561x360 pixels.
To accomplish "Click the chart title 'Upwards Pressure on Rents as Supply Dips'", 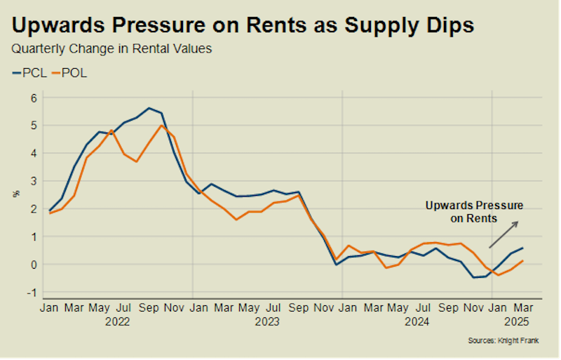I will (x=243, y=25).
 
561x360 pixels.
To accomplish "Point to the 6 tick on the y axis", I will (x=33, y=98).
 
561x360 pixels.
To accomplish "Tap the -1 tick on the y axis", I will (x=32, y=293).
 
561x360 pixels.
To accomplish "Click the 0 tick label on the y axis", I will (x=33, y=265).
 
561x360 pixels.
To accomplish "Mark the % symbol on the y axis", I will (x=16, y=193).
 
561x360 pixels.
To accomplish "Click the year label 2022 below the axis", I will (x=118, y=322).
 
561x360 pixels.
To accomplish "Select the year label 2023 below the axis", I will (x=268, y=322).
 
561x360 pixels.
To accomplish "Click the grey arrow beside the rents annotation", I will (x=503, y=234).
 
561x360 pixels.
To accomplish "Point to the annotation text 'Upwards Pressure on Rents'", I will (x=475, y=212).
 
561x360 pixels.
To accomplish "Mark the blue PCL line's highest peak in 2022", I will (x=149, y=108).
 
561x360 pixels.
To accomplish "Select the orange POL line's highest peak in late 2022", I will (x=161, y=126).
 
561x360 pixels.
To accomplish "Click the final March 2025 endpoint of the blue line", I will (x=522, y=248).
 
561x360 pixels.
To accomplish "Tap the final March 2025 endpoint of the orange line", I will (x=522, y=261).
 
